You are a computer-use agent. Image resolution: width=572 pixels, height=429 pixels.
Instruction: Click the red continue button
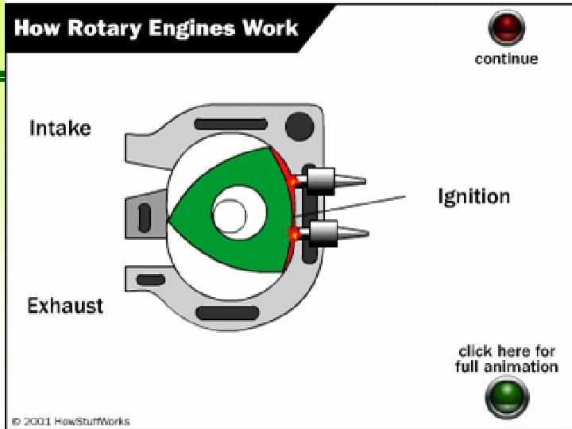coord(506,29)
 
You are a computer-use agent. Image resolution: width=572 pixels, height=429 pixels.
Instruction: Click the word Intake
coord(60,128)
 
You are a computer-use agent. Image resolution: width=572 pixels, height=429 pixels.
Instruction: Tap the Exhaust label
coord(65,305)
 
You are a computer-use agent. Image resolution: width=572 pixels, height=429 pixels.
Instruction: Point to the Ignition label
coord(473,196)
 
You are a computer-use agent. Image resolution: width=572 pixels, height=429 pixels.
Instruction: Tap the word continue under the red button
coord(506,59)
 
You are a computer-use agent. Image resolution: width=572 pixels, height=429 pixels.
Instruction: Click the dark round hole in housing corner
coord(300,125)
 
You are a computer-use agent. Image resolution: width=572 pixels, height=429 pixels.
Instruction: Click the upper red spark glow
coord(292,182)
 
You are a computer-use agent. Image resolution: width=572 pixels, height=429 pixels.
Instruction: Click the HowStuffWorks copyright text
coord(71,421)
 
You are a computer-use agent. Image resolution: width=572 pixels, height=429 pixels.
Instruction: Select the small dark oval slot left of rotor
coord(145,215)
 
